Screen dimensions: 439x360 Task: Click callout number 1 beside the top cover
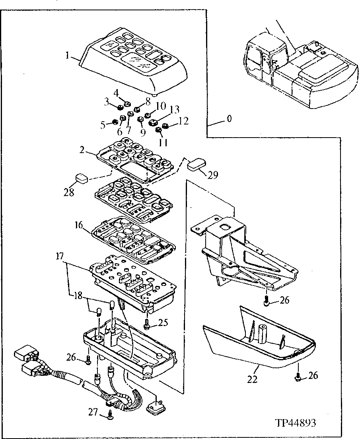pyautogui.click(x=68, y=56)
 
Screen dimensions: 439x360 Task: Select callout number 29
pyautogui.click(x=213, y=175)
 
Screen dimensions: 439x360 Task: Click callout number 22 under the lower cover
pyautogui.click(x=252, y=379)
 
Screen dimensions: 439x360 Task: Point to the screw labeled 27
pyautogui.click(x=110, y=415)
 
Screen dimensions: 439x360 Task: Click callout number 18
pyautogui.click(x=77, y=295)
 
